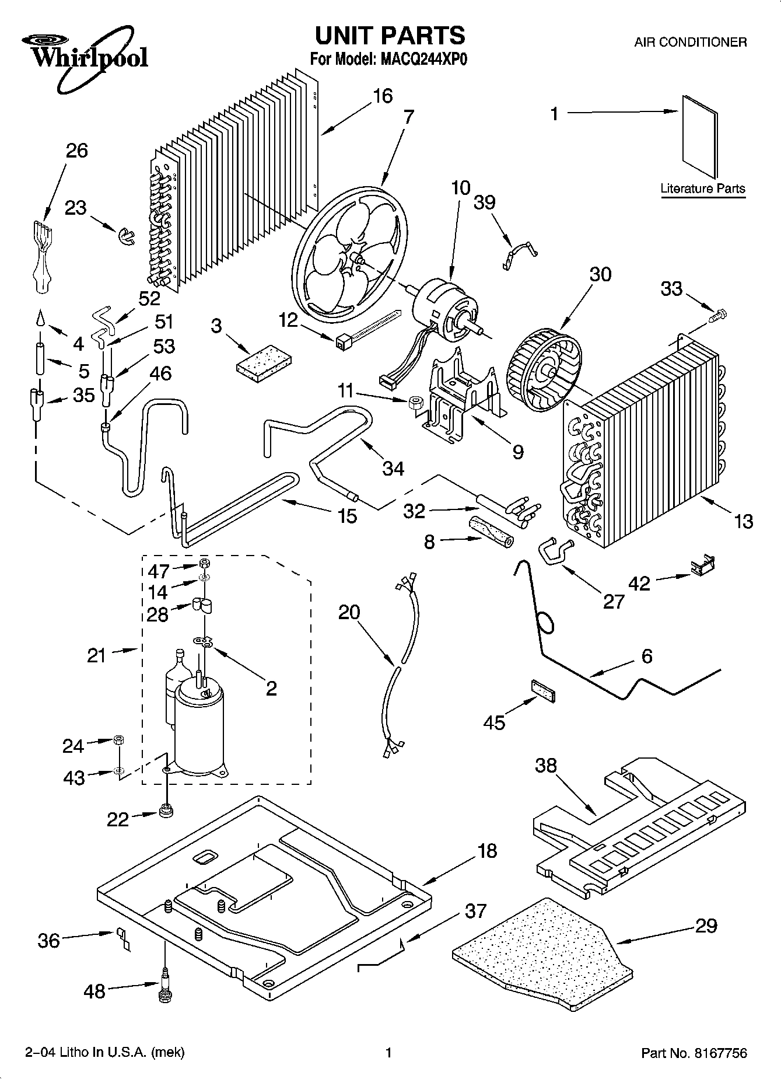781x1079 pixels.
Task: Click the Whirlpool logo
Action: (x=85, y=53)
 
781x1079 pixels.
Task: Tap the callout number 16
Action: (x=383, y=96)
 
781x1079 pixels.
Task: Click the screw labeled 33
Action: (x=716, y=316)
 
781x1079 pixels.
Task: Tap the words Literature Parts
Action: (x=703, y=188)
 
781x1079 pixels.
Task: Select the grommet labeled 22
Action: (x=167, y=812)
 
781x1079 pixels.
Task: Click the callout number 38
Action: (x=546, y=765)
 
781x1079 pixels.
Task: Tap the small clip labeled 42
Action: (x=703, y=565)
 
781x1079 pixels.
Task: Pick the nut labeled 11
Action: (x=415, y=401)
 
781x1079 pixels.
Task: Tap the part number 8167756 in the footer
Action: (x=720, y=1053)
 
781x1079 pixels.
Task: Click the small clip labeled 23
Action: (x=124, y=236)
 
